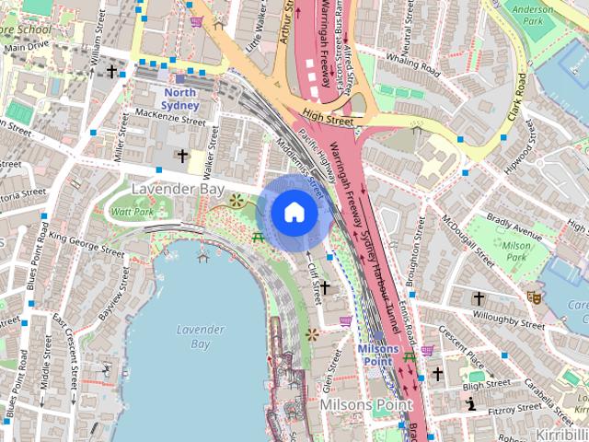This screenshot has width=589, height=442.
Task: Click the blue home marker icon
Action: pyautogui.click(x=294, y=213)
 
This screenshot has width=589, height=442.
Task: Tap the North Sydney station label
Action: pyautogui.click(x=180, y=99)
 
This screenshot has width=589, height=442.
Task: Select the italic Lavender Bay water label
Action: pyautogui.click(x=200, y=336)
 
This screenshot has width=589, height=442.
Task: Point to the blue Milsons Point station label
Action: pyautogui.click(x=378, y=355)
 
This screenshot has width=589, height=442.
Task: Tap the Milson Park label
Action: pyautogui.click(x=517, y=251)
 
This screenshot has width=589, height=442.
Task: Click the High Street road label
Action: pyautogui.click(x=327, y=119)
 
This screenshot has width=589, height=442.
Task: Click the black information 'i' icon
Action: pyautogui.click(x=471, y=403)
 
